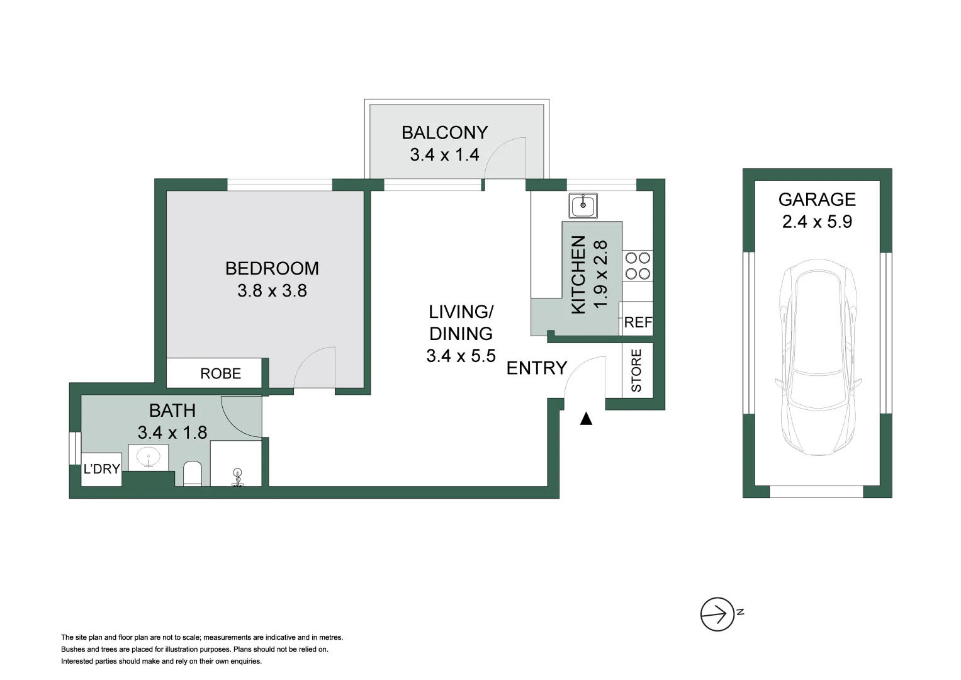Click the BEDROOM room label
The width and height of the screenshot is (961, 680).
pos(272,269)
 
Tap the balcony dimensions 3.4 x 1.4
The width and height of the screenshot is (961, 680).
pos(444,154)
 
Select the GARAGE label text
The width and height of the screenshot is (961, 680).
pos(817,200)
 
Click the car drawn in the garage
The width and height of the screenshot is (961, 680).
pos(818,357)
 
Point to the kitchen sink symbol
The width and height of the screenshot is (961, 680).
pos(583,206)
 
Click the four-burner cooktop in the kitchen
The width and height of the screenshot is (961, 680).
pos(638,266)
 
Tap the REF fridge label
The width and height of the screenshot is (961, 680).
pos(638,322)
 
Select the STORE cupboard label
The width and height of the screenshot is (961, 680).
pos(637,370)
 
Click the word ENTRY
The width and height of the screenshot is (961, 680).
pos(537,368)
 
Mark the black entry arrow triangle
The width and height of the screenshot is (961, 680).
pos(586,419)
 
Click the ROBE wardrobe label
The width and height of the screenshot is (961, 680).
pos(220,374)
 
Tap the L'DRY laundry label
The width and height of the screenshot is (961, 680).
pos(102,469)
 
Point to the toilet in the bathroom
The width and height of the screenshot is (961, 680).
pos(192,473)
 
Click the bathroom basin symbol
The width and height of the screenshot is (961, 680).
pos(149,457)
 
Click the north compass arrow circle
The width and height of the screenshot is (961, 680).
pos(717,615)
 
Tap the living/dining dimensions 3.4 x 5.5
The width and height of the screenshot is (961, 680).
pos(461,356)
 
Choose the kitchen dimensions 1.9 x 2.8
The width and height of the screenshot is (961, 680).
pos(600,275)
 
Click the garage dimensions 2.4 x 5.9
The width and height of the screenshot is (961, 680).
pos(817,222)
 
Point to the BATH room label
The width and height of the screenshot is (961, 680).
pos(172,411)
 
